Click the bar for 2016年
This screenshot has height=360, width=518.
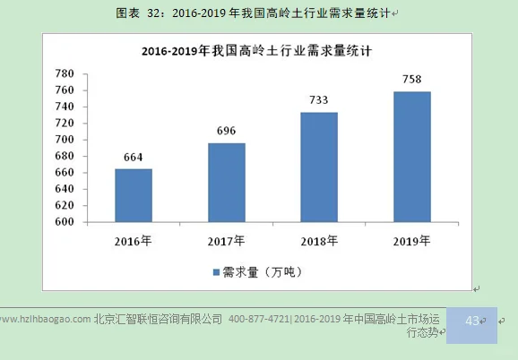point(133,195)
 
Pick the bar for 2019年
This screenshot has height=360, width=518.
point(411,157)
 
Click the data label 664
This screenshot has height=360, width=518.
point(133,158)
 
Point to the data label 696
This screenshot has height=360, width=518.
point(226,132)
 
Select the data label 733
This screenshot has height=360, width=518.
point(319,100)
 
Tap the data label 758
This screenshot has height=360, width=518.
point(411,80)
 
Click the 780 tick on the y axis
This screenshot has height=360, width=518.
point(65,73)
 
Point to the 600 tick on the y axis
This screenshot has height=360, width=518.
point(65,222)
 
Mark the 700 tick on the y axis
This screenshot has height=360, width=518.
point(65,140)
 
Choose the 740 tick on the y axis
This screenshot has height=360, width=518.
point(65,107)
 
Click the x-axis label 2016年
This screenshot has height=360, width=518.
point(133,241)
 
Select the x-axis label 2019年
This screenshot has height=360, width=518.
point(411,241)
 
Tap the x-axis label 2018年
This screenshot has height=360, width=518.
point(319,241)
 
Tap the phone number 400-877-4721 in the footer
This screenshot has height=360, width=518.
point(259,319)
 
